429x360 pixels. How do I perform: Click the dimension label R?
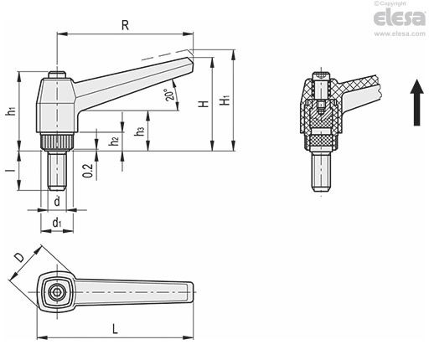point(124,25)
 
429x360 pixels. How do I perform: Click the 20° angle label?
point(172,95)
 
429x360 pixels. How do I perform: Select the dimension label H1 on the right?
point(225,101)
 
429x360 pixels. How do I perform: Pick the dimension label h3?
point(140,130)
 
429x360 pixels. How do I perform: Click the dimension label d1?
point(57,223)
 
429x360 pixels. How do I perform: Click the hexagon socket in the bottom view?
point(56,292)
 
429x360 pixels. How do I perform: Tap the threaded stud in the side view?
point(56,172)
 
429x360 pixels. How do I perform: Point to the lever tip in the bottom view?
point(191,292)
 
